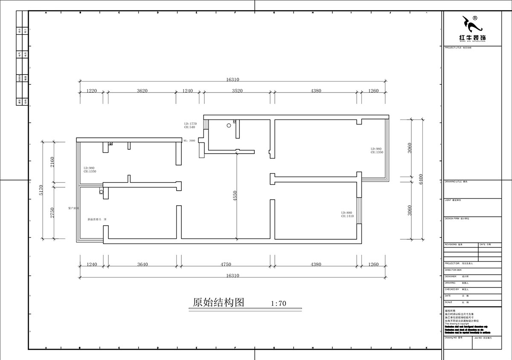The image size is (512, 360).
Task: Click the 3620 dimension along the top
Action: click(x=142, y=90)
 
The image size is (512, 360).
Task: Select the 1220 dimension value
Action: click(x=92, y=90)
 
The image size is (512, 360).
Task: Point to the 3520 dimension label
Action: click(x=237, y=90)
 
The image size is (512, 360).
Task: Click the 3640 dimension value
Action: click(x=143, y=264)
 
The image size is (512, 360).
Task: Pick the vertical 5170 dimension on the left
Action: click(x=41, y=190)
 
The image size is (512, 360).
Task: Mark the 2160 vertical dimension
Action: click(x=52, y=162)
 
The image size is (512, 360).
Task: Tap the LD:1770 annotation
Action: click(x=190, y=123)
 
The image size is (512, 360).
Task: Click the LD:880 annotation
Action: click(x=346, y=212)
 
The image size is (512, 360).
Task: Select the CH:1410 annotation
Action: click(x=347, y=216)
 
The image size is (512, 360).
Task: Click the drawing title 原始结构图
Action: click(x=218, y=302)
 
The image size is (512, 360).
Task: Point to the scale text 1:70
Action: click(x=278, y=304)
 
